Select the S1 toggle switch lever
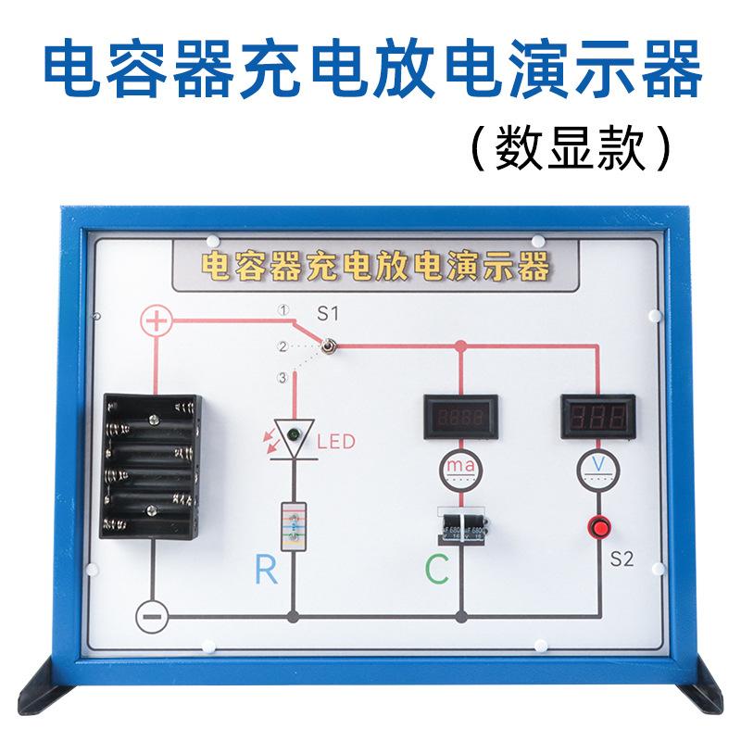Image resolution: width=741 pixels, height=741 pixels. point(327,346)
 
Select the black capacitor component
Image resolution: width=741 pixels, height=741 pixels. point(460,526)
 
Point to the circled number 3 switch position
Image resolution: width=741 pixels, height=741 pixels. point(283,377)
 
